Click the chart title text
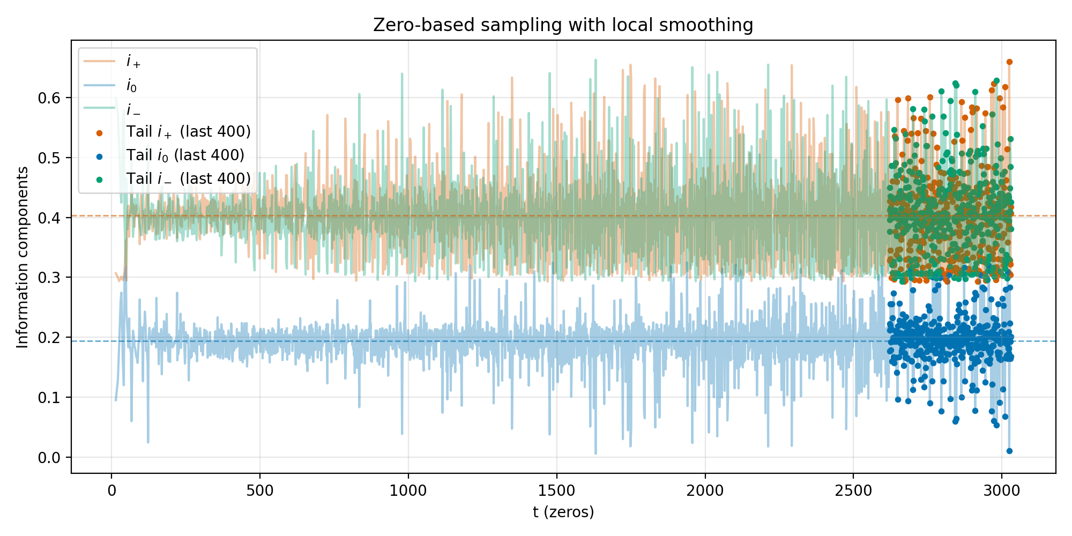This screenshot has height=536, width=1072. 563,25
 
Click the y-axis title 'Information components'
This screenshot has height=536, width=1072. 23,257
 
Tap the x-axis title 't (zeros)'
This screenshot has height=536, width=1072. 563,512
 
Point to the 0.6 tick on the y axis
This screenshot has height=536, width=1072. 50,98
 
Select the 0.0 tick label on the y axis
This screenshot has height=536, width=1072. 50,457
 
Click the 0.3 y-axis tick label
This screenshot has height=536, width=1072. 50,278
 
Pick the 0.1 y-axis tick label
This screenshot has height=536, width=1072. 50,397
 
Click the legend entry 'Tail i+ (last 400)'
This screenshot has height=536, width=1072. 188,132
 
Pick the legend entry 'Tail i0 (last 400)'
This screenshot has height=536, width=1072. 185,155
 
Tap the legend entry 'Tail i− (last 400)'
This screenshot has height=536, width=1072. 188,179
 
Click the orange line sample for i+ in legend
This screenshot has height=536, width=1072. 99,61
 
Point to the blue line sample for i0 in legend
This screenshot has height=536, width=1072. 99,85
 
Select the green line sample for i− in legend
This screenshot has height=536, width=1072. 99,108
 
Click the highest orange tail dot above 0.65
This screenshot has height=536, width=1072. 1009,62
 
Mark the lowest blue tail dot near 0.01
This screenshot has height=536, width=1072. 1009,451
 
